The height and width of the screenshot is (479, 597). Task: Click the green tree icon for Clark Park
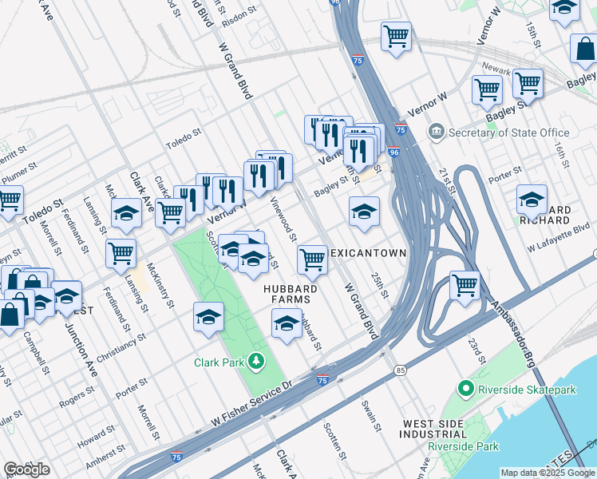click(x=256, y=362)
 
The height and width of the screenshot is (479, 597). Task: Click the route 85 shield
click(x=400, y=370)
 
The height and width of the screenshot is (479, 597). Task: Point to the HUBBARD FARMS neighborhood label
click(x=292, y=295)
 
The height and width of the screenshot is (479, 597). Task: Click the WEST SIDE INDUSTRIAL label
click(x=434, y=430)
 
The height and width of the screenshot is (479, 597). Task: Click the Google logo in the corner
click(x=26, y=469)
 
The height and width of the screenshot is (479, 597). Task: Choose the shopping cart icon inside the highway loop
click(x=465, y=284)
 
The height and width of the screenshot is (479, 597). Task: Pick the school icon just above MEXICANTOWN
click(x=364, y=211)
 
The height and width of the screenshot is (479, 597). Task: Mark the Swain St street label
click(x=372, y=415)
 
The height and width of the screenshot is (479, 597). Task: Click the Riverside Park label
click(x=463, y=446)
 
